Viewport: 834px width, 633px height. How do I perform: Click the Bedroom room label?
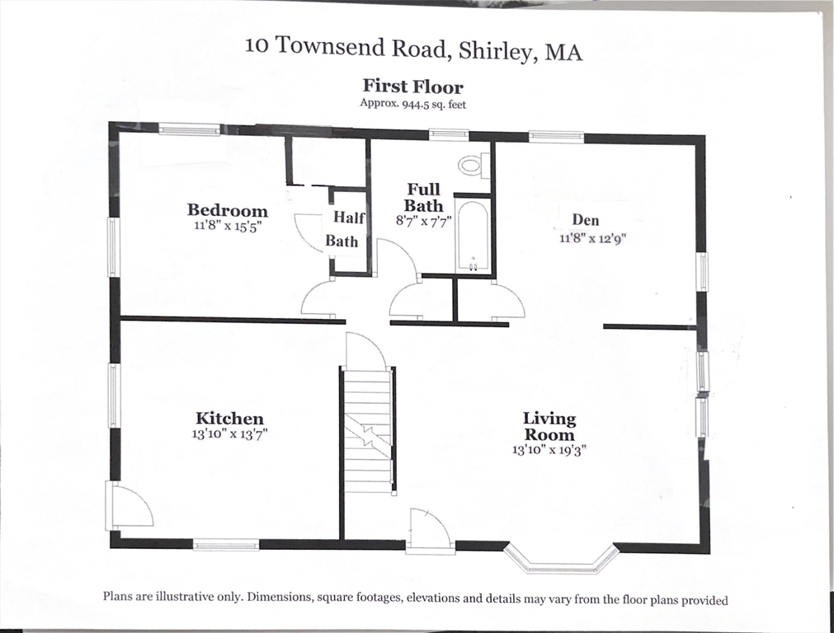click(227, 210)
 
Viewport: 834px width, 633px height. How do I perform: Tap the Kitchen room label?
click(229, 419)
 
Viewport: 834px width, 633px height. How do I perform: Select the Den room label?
click(585, 220)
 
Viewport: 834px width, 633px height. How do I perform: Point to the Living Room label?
click(549, 427)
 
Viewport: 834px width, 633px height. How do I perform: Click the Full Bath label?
click(423, 198)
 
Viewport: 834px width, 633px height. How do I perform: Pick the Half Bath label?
click(342, 229)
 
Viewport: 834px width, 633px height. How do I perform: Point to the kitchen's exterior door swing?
click(130, 505)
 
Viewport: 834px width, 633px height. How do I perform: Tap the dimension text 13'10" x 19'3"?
click(549, 451)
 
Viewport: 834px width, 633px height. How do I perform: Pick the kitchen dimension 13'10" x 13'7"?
click(229, 434)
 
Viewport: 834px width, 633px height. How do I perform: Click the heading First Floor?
click(413, 87)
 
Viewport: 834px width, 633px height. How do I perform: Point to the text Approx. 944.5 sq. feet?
click(413, 104)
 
